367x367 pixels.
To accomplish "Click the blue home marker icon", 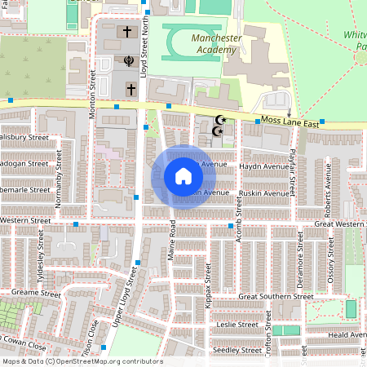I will click(x=183, y=176).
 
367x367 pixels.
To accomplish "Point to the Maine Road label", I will click(x=173, y=241).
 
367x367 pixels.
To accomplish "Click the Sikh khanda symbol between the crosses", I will click(x=127, y=60).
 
